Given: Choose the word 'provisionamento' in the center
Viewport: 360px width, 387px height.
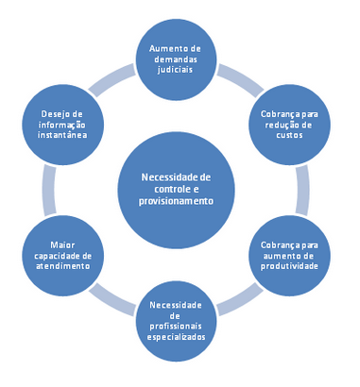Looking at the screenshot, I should pos(178,200).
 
